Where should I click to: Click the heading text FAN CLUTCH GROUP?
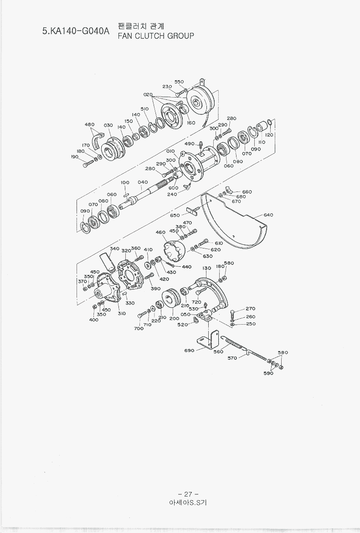point(156,36)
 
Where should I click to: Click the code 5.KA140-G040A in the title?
point(76,31)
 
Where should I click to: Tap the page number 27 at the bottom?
point(188,494)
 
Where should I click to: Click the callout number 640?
point(268,215)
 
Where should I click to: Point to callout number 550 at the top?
point(179,82)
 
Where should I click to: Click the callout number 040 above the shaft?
point(143,182)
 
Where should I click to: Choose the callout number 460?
point(160,233)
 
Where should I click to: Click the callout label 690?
point(189,351)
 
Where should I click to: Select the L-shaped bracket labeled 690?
point(209,340)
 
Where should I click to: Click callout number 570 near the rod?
point(232,358)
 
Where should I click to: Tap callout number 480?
point(90,124)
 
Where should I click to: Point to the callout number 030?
point(108,125)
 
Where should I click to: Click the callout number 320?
point(126,250)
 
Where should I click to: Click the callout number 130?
point(207,268)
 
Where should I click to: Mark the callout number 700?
point(139,328)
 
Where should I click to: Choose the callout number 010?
point(170,151)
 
